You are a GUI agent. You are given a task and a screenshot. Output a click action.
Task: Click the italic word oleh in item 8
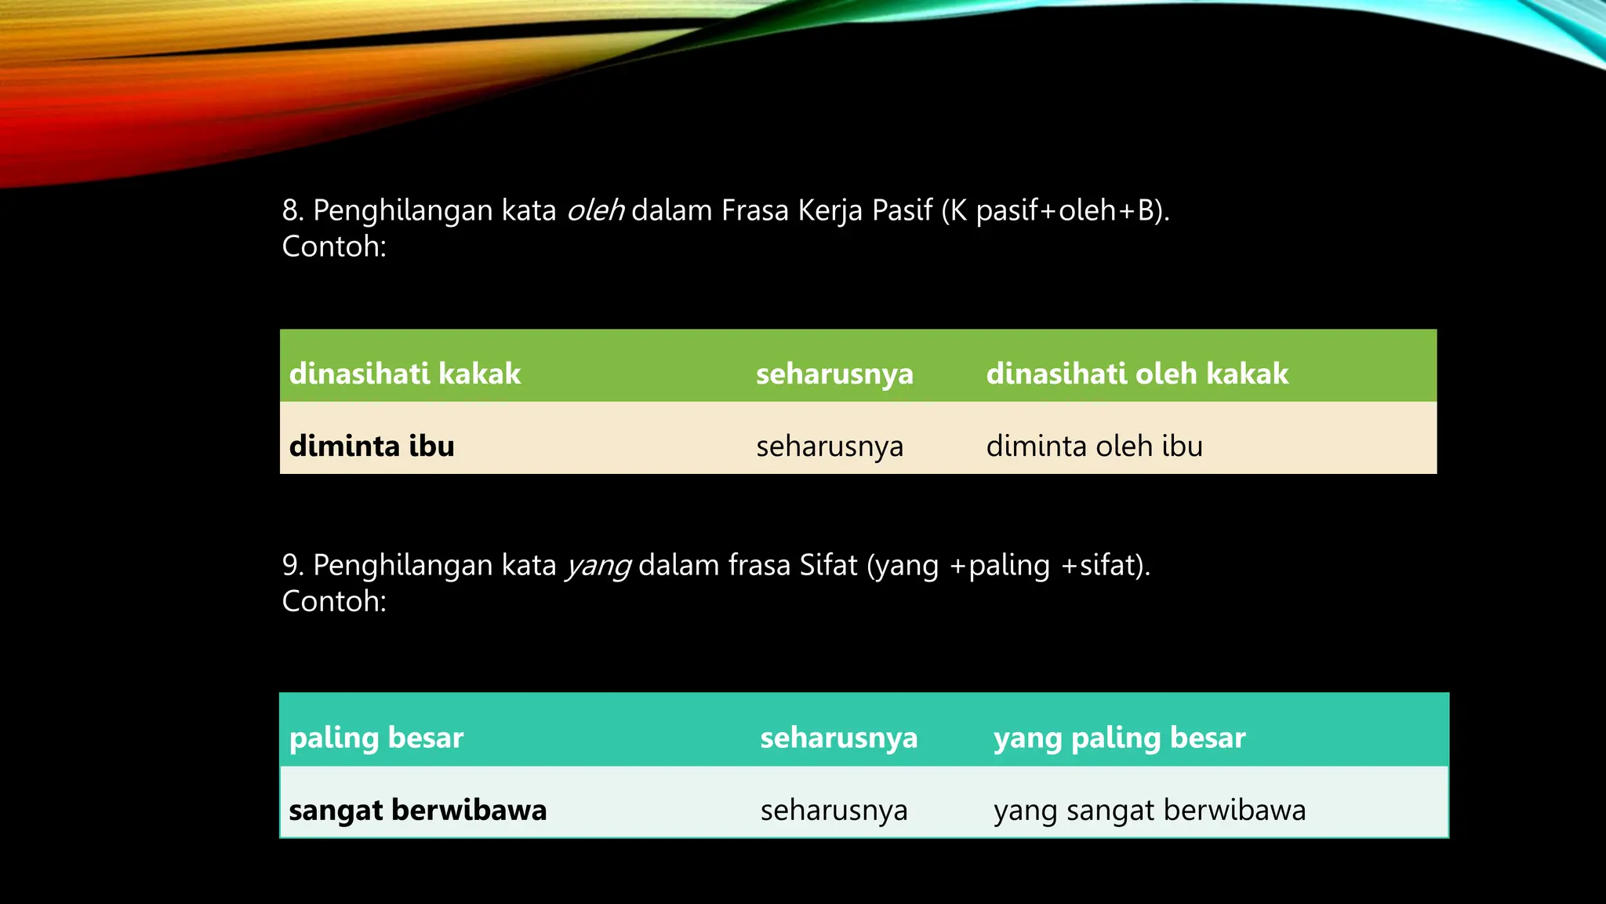click(595, 210)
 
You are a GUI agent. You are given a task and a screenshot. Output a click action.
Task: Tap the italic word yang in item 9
click(598, 566)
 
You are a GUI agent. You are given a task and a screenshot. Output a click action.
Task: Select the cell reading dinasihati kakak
click(405, 374)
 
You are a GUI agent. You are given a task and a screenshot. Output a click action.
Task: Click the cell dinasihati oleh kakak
click(1137, 374)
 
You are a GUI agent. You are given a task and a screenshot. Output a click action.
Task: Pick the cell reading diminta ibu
click(372, 446)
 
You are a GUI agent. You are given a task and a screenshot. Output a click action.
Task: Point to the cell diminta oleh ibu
click(1094, 446)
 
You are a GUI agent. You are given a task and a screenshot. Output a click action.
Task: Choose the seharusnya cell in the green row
click(834, 374)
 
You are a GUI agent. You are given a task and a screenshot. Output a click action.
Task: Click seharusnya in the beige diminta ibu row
click(830, 446)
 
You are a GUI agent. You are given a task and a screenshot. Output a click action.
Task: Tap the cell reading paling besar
click(376, 738)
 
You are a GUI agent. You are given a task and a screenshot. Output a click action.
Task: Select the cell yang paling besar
click(1119, 738)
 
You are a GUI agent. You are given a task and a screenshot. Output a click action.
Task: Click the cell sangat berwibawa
click(417, 810)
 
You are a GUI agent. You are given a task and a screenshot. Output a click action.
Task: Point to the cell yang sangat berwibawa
click(1150, 810)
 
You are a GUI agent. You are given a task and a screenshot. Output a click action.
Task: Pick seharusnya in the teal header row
click(838, 738)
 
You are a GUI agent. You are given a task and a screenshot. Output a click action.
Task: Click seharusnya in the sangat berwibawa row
click(834, 810)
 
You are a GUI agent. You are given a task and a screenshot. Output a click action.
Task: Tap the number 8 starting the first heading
click(291, 210)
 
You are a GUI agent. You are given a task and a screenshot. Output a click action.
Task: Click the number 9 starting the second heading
click(291, 566)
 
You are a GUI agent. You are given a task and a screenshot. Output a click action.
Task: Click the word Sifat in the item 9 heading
click(828, 566)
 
